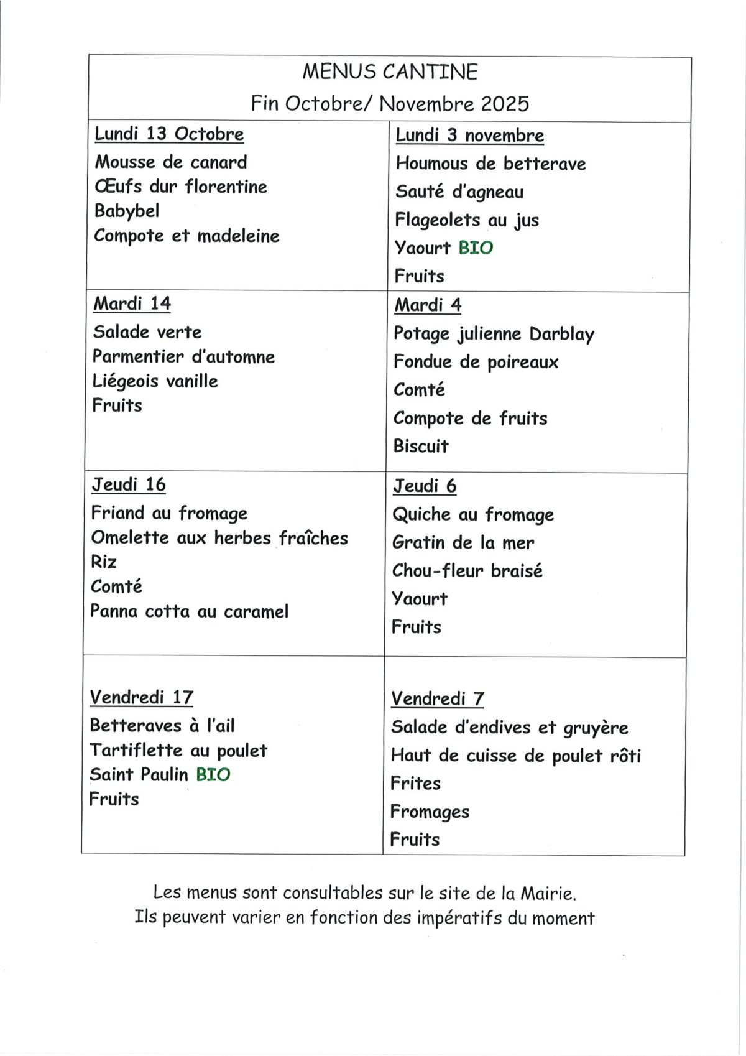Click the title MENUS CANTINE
click(390, 72)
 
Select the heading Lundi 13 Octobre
click(168, 134)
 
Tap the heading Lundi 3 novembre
click(469, 135)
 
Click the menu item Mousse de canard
click(170, 162)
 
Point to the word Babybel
click(127, 211)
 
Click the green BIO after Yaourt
click(476, 248)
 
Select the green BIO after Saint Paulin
click(213, 775)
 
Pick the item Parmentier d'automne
click(183, 357)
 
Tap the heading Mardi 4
click(428, 305)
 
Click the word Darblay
click(561, 335)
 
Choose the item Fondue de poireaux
click(476, 362)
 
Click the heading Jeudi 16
click(129, 484)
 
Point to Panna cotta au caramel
click(189, 611)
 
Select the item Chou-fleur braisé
click(467, 571)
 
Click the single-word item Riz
click(104, 562)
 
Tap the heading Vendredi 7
click(437, 699)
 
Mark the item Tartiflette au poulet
click(178, 751)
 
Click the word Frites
click(415, 784)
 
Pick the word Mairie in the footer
click(548, 894)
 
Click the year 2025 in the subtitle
click(504, 103)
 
